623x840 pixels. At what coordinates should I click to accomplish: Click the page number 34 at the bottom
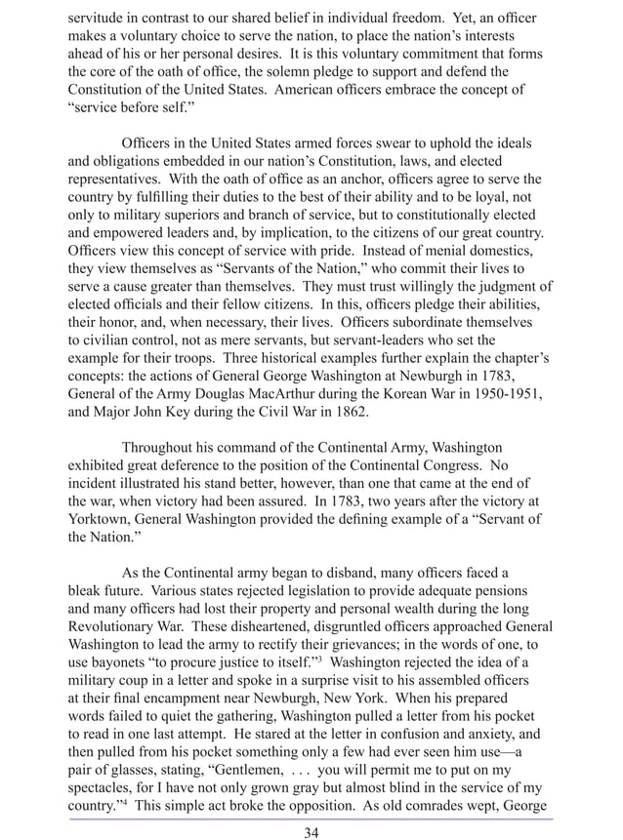pyautogui.click(x=311, y=831)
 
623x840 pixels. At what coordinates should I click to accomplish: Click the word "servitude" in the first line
pyautogui.click(x=99, y=19)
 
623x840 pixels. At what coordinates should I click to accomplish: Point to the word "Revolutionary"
pyautogui.click(x=115, y=626)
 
